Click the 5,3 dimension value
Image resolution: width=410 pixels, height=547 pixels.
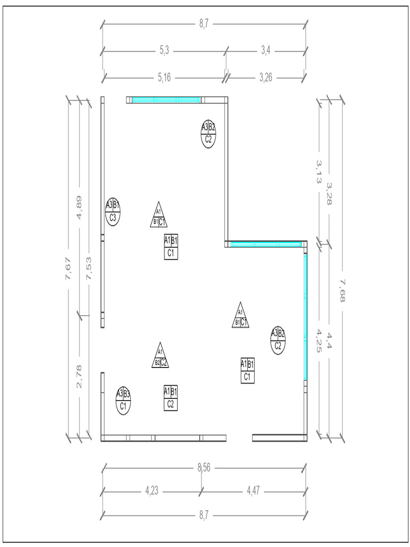click(x=164, y=51)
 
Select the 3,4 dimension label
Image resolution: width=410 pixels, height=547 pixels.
click(x=266, y=51)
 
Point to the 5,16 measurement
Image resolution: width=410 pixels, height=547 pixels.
click(x=164, y=77)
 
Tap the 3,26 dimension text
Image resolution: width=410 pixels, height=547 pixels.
click(x=266, y=77)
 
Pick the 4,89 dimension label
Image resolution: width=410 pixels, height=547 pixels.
click(x=79, y=207)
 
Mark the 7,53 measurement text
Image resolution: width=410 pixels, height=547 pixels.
click(x=89, y=268)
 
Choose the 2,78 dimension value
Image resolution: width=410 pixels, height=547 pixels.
click(x=79, y=377)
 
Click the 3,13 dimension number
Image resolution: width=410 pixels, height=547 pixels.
click(x=319, y=171)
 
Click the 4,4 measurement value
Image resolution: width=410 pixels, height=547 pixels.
click(x=329, y=340)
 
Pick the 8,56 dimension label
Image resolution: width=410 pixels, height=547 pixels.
click(x=204, y=467)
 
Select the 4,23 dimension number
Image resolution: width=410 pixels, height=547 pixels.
click(x=152, y=491)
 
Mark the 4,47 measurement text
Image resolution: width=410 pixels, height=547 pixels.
click(x=253, y=491)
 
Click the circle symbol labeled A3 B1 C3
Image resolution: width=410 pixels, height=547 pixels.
click(x=113, y=212)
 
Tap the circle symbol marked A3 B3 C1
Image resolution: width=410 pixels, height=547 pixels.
click(x=123, y=401)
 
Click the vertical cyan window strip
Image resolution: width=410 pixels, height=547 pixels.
click(x=305, y=317)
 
